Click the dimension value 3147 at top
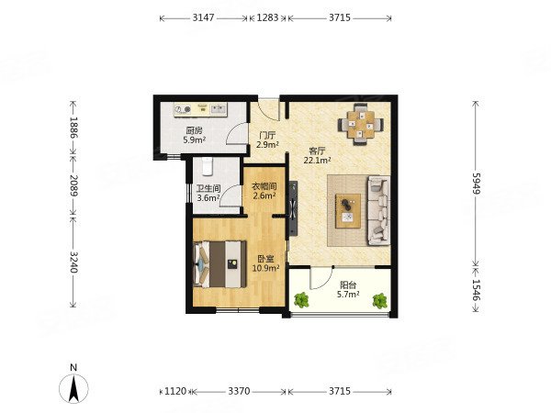point(203,17)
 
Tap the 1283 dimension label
point(267,17)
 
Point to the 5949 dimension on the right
point(476,183)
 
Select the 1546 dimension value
point(476,290)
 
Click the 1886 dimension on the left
point(73,128)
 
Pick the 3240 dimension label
point(73,262)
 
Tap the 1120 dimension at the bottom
point(175,391)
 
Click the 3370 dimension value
point(239,391)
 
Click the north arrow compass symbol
point(73,388)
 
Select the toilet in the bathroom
point(208,166)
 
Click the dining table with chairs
point(361,124)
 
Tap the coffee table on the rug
point(348,211)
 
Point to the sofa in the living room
point(378,211)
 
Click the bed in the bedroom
point(219,264)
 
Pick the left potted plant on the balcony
point(301,300)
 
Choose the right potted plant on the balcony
point(380,301)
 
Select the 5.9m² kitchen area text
point(195,140)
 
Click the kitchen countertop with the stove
point(200,109)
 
